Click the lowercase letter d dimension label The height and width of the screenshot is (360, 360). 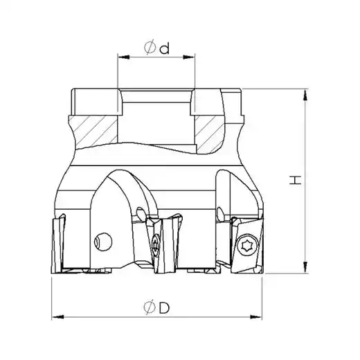[164, 48]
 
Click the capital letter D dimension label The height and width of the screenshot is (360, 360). [164, 307]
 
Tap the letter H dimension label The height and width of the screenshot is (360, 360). [296, 180]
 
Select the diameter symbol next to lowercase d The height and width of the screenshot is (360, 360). [150, 47]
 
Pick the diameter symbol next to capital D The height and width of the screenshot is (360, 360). [150, 308]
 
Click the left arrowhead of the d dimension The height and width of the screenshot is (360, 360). [123, 57]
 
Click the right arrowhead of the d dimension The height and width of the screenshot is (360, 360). [189, 57]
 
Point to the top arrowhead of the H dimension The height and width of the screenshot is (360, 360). [305, 95]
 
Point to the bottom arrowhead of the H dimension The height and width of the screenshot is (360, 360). [305, 267]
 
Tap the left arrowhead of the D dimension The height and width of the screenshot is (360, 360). [57, 317]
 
